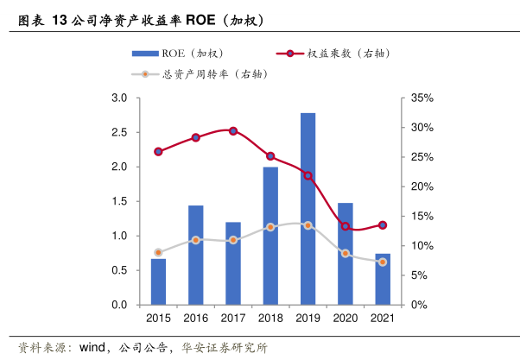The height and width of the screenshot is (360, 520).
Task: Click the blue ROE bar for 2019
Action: coord(308,209)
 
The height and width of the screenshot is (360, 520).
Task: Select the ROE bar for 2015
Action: coord(158,281)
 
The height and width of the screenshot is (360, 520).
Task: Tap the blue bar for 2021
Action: coord(383,279)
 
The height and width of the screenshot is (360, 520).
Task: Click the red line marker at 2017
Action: coord(233,130)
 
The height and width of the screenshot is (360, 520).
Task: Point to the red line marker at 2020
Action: coord(346,226)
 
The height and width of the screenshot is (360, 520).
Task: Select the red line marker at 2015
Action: coord(158,151)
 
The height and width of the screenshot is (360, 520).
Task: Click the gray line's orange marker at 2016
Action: coord(196,240)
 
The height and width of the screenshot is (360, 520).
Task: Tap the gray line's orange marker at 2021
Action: coord(383,262)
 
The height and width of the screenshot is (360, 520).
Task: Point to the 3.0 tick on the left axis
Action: coord(120,98)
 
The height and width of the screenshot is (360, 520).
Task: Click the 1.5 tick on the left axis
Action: coord(120,201)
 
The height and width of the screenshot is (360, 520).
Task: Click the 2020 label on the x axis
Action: coord(346,319)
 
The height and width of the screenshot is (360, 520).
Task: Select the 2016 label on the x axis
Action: coord(196,319)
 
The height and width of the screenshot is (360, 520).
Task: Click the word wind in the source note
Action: coord(92,348)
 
